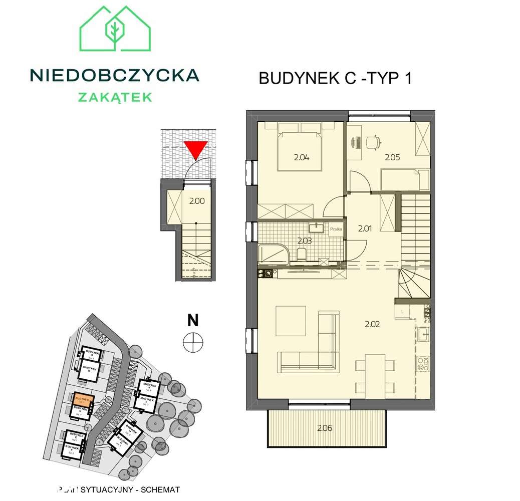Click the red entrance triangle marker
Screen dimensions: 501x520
(195, 150)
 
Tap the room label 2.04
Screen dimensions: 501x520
(302, 157)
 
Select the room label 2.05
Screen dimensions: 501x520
(392, 157)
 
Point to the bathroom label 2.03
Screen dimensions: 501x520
(304, 241)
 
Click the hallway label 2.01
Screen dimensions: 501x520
(365, 229)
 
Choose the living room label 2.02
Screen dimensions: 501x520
(372, 324)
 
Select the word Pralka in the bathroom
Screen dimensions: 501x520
(336, 229)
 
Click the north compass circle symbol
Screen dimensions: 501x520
(193, 342)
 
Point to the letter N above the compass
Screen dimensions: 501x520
(193, 319)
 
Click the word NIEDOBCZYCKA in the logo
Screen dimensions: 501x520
(115, 76)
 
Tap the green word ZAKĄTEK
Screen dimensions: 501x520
(115, 97)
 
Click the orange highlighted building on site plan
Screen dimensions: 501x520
(83, 399)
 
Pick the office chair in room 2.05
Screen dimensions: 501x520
(373, 142)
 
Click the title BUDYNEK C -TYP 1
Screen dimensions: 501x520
(335, 79)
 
